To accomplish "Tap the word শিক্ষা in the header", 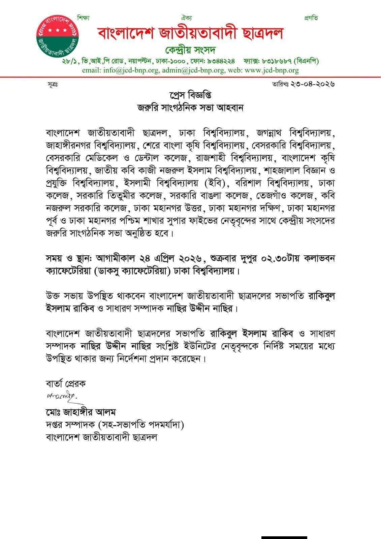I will (x=84, y=18).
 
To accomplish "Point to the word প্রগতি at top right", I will (x=311, y=18).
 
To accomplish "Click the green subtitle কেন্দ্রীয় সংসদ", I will (x=190, y=51).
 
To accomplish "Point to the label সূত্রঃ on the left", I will (x=53, y=85).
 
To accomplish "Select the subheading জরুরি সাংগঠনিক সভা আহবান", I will (x=190, y=108).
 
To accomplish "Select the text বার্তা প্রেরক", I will (x=66, y=383).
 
